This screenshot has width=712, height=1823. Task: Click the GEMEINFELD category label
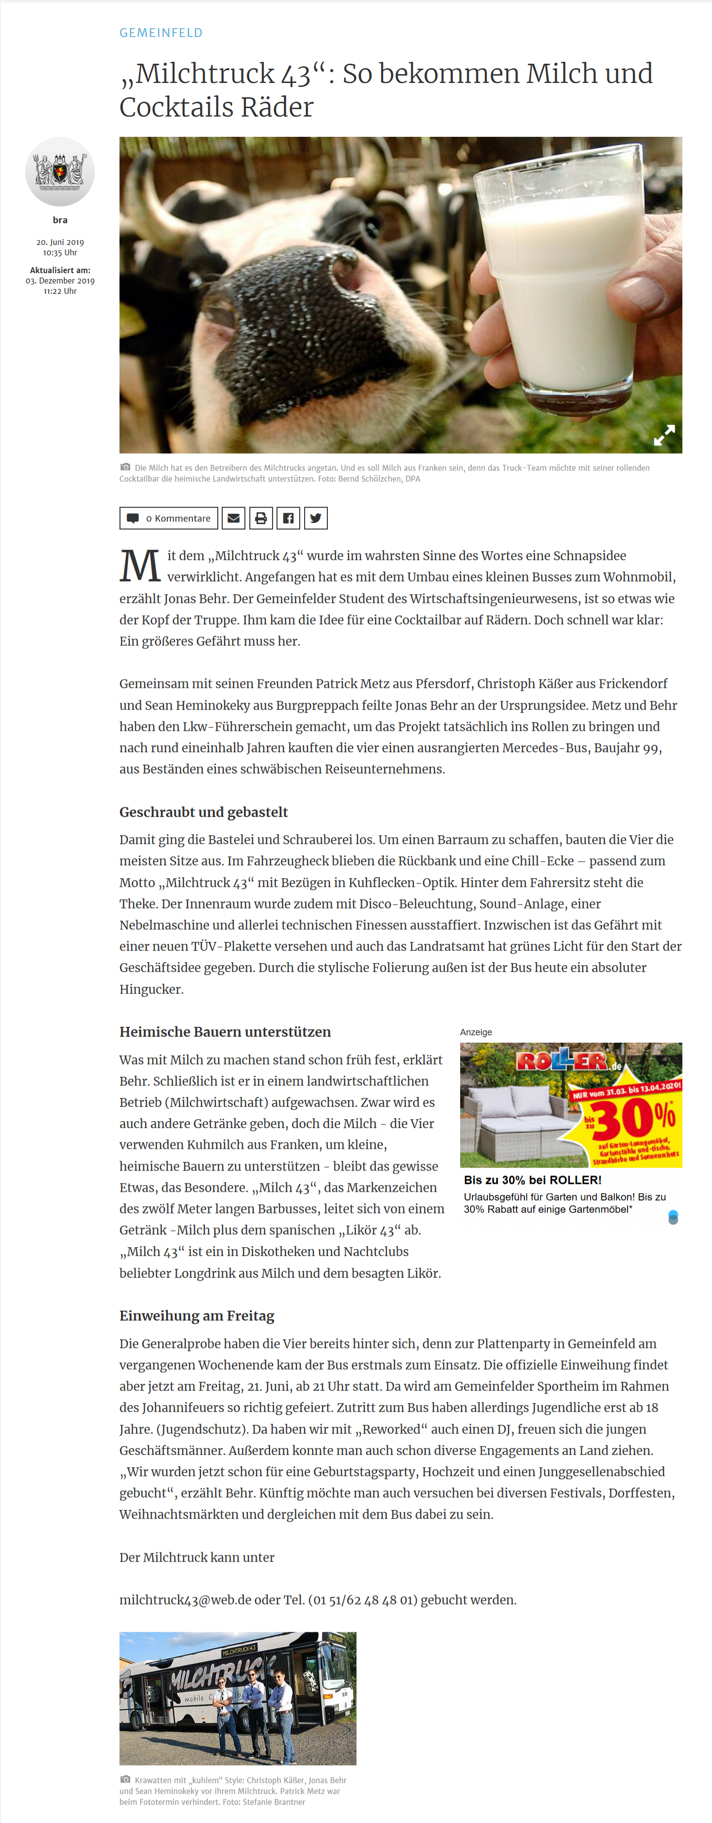click(160, 33)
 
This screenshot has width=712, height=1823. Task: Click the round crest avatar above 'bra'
click(60, 172)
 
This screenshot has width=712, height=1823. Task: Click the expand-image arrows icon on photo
click(664, 435)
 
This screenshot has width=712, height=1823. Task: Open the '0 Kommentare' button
click(168, 518)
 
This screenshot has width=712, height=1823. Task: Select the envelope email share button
click(234, 518)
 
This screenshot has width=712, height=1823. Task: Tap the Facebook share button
click(288, 518)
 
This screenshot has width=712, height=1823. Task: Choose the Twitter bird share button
click(316, 518)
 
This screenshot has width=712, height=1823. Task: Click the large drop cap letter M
click(140, 566)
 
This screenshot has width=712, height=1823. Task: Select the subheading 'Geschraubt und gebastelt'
click(203, 811)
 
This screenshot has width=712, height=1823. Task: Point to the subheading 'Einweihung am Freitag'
click(197, 1316)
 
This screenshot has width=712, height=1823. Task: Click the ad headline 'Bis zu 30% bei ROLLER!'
click(532, 1180)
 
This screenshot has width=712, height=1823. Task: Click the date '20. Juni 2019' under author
click(60, 242)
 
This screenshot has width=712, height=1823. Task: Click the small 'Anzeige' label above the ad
click(475, 1032)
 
